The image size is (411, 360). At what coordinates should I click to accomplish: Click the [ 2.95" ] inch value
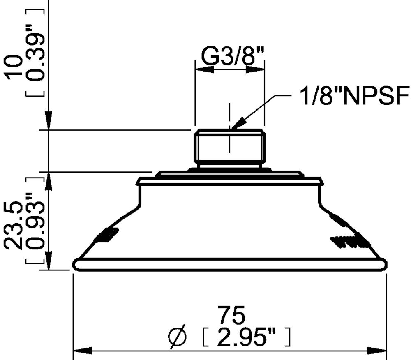pos(247,337)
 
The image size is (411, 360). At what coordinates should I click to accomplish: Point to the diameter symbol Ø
pos(178,337)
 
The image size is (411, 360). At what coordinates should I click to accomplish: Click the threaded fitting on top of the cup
pos(229,148)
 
